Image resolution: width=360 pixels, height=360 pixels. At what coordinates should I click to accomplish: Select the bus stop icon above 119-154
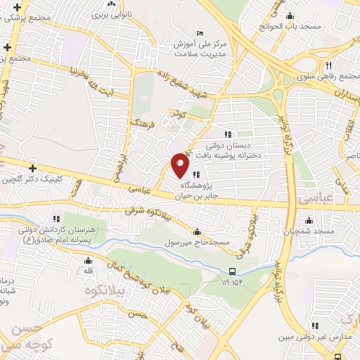pyautogui.click(x=232, y=271)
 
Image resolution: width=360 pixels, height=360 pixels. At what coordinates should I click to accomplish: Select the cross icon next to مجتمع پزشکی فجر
pyautogui.click(x=7, y=47)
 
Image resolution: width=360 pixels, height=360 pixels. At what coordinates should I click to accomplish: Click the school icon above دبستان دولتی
pyautogui.click(x=227, y=134)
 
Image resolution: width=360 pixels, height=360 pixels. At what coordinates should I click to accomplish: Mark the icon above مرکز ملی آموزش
pyautogui.click(x=200, y=33)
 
